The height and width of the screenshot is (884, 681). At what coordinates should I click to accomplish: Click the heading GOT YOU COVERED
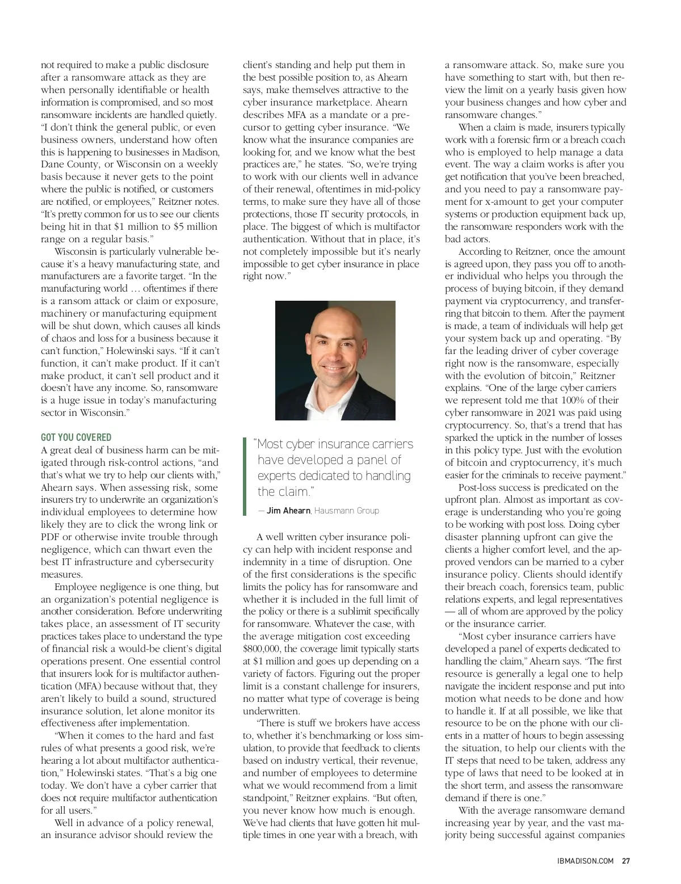tap(76, 437)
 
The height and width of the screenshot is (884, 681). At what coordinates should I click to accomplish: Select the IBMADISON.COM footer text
tap(585, 860)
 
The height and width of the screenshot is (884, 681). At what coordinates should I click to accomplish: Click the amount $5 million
tap(196, 226)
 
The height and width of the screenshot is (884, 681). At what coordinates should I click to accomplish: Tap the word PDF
tap(51, 537)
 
